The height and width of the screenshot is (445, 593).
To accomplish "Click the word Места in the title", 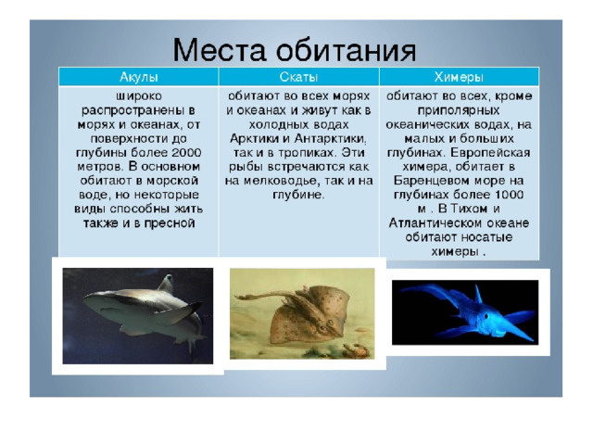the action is (x=219, y=49).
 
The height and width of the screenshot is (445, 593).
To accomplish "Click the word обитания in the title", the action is (x=346, y=50).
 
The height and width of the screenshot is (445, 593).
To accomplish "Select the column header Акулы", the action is (x=138, y=77).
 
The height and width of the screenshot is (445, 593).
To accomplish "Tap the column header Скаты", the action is (x=298, y=77).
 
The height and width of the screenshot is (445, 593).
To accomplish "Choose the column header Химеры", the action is (x=459, y=77).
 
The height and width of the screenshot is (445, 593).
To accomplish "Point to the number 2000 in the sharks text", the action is (x=186, y=152).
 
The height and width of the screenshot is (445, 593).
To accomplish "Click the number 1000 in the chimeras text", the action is (x=509, y=195).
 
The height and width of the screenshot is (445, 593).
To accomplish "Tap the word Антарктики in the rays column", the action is (x=330, y=139).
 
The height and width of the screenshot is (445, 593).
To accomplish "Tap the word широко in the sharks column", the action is (x=139, y=96).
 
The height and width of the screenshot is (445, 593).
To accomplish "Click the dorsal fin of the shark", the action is (x=166, y=284).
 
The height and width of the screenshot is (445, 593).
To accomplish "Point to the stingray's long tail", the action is (x=265, y=296).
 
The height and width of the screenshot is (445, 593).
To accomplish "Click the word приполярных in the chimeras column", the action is (x=459, y=110).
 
